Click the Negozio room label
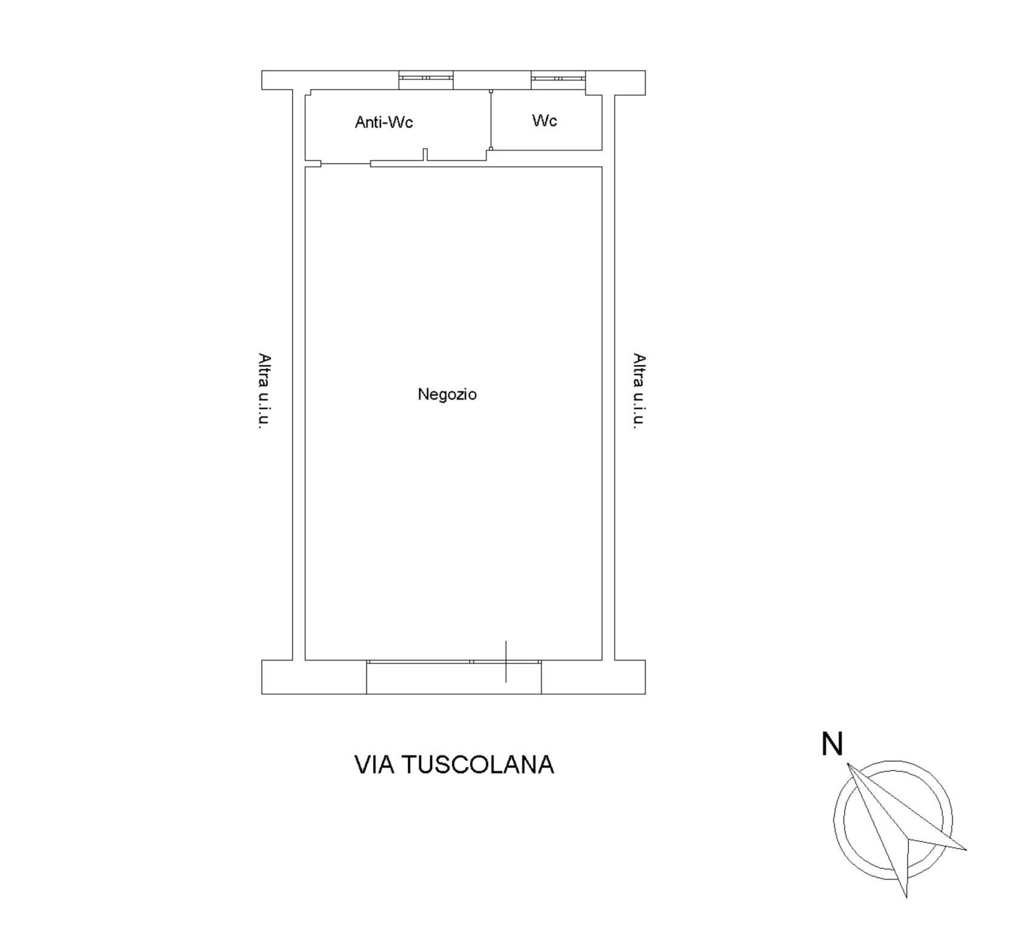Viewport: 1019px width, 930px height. [447, 395]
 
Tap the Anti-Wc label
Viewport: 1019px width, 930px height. [384, 122]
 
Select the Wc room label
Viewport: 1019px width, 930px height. [545, 120]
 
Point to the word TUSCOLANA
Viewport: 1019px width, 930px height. [478, 765]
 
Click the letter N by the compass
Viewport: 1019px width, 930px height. [832, 744]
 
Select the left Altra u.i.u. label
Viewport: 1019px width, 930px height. [264, 391]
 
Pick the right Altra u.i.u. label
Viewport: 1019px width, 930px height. [639, 391]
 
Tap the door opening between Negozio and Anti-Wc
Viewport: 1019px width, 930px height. [346, 163]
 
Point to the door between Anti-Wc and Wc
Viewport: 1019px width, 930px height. [491, 120]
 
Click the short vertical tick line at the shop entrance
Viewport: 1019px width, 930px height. [506, 661]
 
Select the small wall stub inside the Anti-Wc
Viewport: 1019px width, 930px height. [425, 155]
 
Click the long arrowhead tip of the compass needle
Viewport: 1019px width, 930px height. [848, 763]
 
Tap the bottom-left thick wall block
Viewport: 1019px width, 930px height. [314, 677]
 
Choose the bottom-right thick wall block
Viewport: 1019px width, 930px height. [594, 677]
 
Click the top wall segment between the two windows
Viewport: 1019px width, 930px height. [493, 80]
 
